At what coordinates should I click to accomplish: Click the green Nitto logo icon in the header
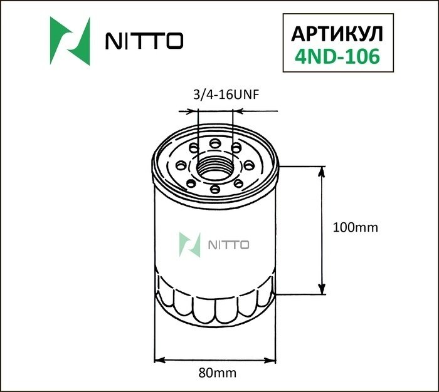(70, 41)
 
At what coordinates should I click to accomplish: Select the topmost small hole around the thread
(215, 143)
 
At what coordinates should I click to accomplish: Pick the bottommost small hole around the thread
(214, 188)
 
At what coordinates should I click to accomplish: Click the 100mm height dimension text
(354, 227)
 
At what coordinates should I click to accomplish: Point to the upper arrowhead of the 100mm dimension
(322, 171)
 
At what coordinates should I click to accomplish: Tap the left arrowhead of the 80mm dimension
(158, 361)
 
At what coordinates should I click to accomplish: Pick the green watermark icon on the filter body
(189, 245)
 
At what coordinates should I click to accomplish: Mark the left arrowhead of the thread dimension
(194, 112)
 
